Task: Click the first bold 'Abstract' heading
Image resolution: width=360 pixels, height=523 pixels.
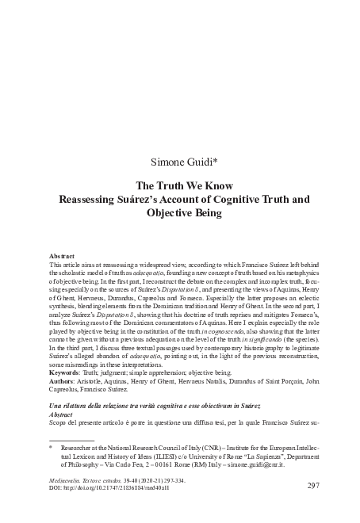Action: (x=62, y=258)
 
